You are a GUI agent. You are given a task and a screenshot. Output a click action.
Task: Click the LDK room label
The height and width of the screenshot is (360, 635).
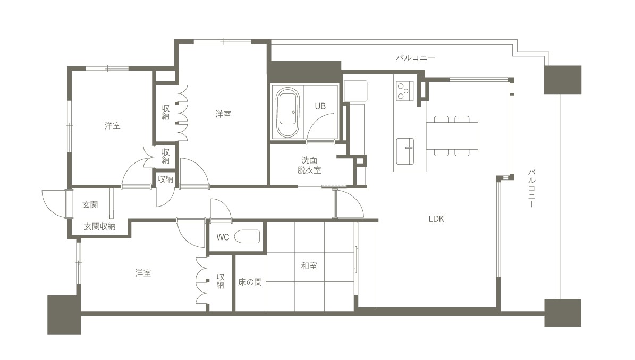pos(436,219)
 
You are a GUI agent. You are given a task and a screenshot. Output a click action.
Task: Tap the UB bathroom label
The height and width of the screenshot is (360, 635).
pos(320,106)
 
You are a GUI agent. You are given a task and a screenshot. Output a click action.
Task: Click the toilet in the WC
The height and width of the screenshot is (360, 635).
pos(247,237)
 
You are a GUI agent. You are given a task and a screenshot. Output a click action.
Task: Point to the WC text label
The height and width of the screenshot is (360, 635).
pos(223,237)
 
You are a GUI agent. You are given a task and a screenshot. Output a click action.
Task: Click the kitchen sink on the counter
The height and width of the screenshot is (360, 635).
pos(405,151)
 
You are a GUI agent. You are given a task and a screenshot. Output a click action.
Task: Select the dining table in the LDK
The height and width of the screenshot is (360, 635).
pos(452,136)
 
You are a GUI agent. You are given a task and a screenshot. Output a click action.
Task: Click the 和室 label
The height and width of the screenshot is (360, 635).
pos(309,266)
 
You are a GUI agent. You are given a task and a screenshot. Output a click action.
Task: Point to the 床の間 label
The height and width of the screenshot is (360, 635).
pos(250,282)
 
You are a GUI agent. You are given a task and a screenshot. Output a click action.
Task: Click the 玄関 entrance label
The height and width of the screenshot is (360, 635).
pos(90,204)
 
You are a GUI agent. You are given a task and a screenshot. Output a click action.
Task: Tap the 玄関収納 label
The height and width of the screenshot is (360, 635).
pos(99,227)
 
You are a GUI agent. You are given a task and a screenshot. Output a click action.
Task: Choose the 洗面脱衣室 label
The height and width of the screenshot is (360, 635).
pos(309,165)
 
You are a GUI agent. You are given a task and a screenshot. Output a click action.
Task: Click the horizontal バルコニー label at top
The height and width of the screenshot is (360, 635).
pos(416,58)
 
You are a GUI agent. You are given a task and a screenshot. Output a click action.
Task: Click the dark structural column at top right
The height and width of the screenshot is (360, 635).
pos(563,80)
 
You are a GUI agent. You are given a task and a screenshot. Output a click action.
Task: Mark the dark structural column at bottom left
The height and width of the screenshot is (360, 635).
pos(64,315)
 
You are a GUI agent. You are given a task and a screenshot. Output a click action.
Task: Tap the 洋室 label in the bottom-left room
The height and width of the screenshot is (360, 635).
pos(143,273)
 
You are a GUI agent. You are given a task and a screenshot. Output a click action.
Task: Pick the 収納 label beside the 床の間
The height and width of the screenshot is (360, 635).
pos(221,281)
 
